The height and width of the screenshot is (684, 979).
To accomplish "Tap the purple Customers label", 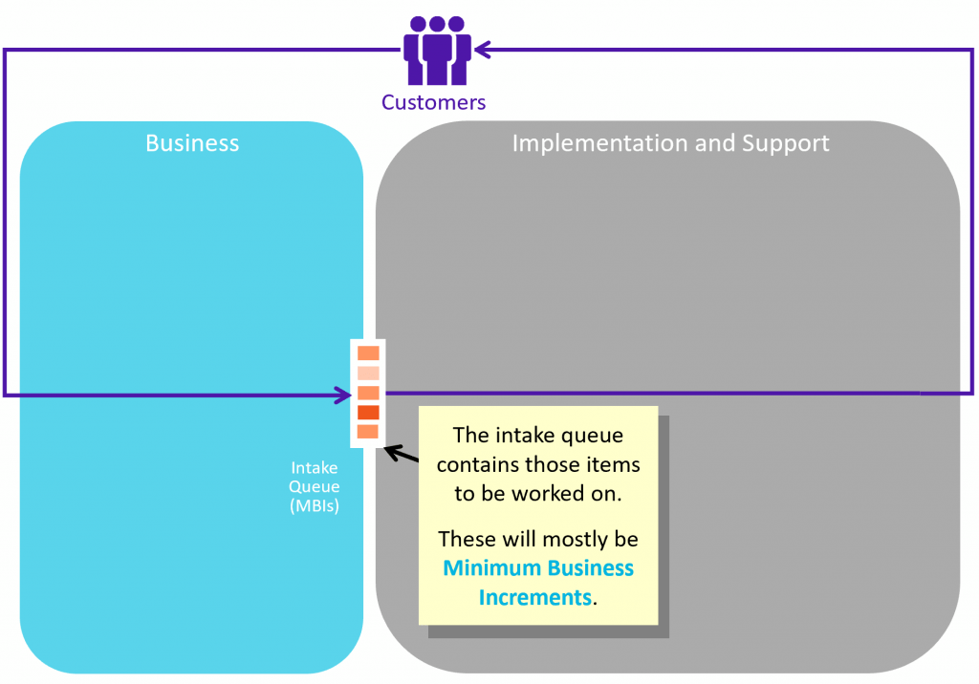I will pyautogui.click(x=433, y=102).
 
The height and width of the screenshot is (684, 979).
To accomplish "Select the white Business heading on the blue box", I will pyautogui.click(x=192, y=143).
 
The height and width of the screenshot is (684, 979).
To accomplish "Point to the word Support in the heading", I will pyautogui.click(x=785, y=143).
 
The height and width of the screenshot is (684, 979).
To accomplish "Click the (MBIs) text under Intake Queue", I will pyautogui.click(x=315, y=506).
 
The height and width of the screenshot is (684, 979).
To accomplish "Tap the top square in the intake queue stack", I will pyautogui.click(x=368, y=353).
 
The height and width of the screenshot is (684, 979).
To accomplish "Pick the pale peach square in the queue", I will pyautogui.click(x=368, y=373).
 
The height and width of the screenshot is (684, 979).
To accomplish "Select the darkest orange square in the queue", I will pyautogui.click(x=368, y=412).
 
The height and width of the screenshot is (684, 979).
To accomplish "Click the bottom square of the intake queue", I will pyautogui.click(x=368, y=432).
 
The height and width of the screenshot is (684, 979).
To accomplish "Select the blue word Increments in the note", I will pyautogui.click(x=534, y=597).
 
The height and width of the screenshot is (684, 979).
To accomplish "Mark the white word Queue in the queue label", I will pyautogui.click(x=315, y=487).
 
